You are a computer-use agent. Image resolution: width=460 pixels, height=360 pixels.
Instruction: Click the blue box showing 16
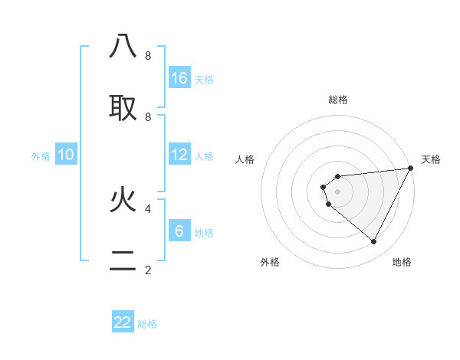coord(179,77)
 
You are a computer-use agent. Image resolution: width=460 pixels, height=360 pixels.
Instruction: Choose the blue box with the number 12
coord(179,155)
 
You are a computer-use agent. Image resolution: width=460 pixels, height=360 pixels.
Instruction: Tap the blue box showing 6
coord(179,231)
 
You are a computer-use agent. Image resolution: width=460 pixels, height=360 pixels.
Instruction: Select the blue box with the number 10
coord(66,155)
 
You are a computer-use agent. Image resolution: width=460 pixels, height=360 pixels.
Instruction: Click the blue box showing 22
coord(123,322)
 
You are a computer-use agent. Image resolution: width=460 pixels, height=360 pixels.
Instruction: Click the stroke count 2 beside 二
coord(147,270)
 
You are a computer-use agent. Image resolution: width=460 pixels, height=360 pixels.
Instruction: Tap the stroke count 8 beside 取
coord(147,116)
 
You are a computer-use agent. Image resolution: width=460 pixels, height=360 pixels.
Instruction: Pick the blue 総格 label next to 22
coord(147,324)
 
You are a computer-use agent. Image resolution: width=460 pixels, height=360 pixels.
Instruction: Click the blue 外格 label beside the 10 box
coord(41,156)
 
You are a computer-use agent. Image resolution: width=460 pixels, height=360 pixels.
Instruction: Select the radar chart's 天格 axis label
coord(431,159)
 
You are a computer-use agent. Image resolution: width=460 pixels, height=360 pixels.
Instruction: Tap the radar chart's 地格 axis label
coord(402,262)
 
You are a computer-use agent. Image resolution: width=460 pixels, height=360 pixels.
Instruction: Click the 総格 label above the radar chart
coord(338,100)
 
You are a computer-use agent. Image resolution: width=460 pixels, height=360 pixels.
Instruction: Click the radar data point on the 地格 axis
coord(374,242)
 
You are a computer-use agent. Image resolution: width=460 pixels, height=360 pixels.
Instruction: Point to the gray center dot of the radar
coord(338,191)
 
